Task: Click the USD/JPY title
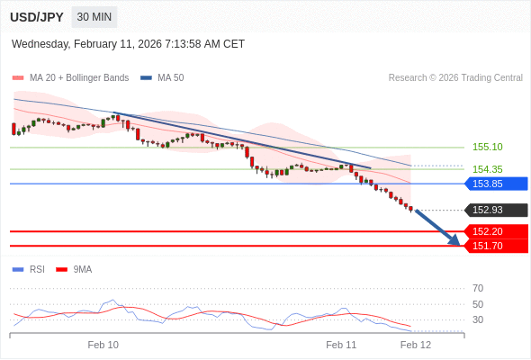[36, 17]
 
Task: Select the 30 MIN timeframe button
[94, 17]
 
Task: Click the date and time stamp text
[128, 44]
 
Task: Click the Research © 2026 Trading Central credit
[455, 78]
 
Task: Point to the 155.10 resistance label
[487, 147]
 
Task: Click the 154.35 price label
[487, 169]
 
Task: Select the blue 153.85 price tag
[495, 184]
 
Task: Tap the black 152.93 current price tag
[495, 211]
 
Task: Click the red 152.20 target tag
[495, 231]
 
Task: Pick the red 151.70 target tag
[495, 246]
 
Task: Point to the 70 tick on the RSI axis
[477, 288]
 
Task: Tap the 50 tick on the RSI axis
[477, 304]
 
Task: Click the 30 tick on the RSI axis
[477, 319]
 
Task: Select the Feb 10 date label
[103, 345]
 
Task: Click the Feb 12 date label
[415, 345]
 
